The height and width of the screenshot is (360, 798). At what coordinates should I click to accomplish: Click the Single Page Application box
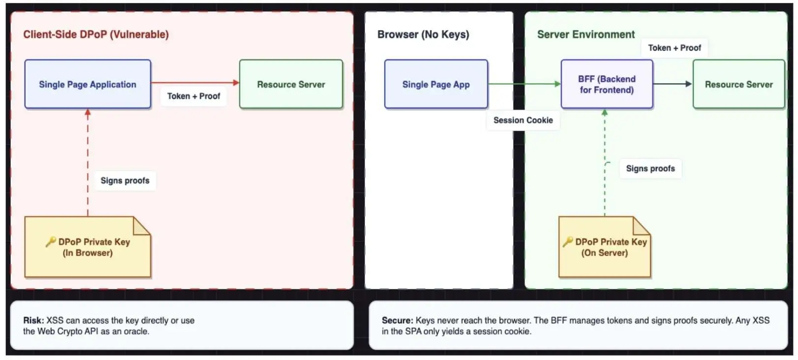88,84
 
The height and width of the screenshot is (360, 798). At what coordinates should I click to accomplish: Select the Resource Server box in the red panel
291,84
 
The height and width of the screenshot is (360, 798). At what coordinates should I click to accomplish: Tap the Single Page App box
436,84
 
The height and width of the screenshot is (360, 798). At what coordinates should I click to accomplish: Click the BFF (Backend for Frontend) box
606,84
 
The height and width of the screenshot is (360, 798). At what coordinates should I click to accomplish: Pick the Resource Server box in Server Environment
738,84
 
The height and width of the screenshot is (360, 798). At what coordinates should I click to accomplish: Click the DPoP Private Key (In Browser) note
88,247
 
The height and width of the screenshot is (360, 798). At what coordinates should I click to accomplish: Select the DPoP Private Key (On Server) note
605,247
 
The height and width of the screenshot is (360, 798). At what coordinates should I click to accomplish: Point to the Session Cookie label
523,121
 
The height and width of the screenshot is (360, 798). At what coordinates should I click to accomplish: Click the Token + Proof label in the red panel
193,96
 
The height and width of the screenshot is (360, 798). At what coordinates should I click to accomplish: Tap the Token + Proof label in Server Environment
674,48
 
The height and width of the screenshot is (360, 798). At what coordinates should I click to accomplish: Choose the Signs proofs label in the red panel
125,181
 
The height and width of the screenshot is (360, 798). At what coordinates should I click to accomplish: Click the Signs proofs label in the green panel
650,168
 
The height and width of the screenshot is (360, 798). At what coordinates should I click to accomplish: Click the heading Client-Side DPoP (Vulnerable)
96,34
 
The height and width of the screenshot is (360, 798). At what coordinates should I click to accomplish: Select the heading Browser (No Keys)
423,34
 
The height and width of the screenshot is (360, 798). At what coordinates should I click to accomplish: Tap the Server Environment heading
586,34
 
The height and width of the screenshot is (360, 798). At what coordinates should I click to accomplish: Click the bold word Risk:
33,321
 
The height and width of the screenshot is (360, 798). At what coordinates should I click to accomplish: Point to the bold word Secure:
397,321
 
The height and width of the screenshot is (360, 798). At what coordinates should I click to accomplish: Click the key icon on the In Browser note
51,242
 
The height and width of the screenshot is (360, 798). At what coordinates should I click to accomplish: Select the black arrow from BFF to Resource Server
672,84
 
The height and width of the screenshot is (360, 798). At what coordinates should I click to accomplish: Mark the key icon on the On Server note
568,242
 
